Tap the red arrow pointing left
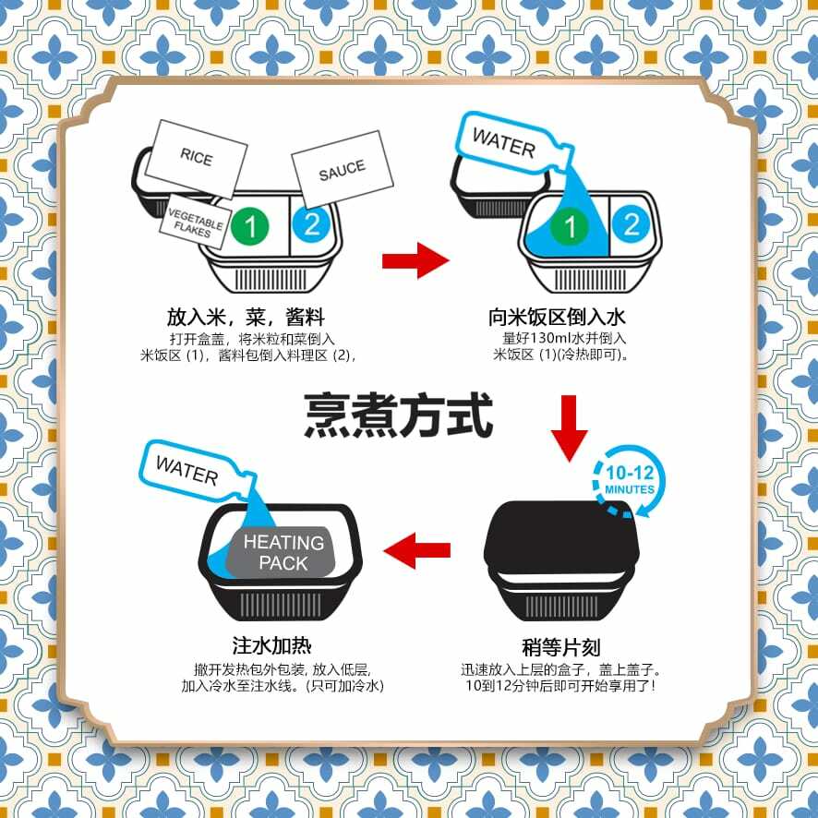point(416,551)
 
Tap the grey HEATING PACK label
point(283,552)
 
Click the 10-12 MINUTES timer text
point(630,480)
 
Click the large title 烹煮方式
point(398,415)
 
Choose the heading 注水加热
point(277,644)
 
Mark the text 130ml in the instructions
point(553,337)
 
